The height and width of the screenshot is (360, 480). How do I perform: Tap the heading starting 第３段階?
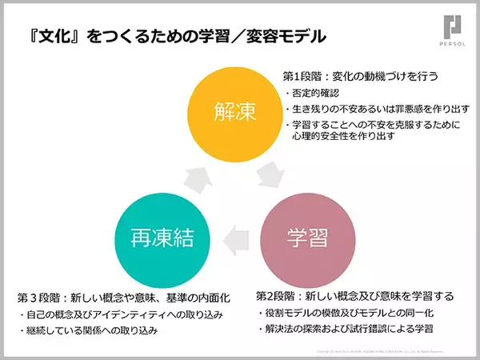124,298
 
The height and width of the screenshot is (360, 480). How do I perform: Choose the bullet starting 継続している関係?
93,330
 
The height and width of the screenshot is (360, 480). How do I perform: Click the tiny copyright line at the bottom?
384,351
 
